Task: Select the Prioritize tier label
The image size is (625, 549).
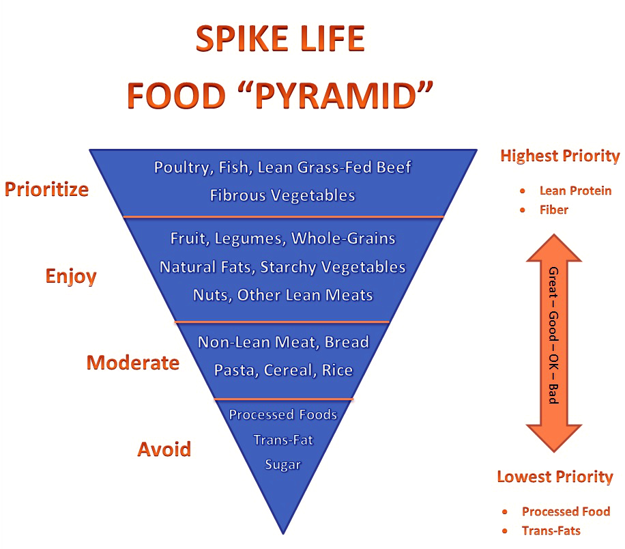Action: tap(47, 188)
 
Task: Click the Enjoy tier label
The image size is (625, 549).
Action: tap(71, 276)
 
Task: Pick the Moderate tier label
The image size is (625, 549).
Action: tap(133, 363)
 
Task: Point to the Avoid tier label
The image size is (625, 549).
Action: tap(164, 449)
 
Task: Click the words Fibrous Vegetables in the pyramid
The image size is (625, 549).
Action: tap(282, 195)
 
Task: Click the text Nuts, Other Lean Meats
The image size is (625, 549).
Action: tap(282, 295)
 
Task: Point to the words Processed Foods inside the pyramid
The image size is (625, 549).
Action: tap(282, 414)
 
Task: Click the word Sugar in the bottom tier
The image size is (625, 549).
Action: tap(282, 464)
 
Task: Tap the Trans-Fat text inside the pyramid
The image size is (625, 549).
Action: tap(282, 440)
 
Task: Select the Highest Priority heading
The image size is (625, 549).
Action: tap(559, 156)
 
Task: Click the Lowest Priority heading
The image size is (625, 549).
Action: tap(555, 477)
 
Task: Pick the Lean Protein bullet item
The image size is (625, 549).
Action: tap(575, 191)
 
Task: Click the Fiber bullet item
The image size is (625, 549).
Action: tap(553, 210)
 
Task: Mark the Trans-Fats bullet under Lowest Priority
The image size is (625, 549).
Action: tap(551, 531)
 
